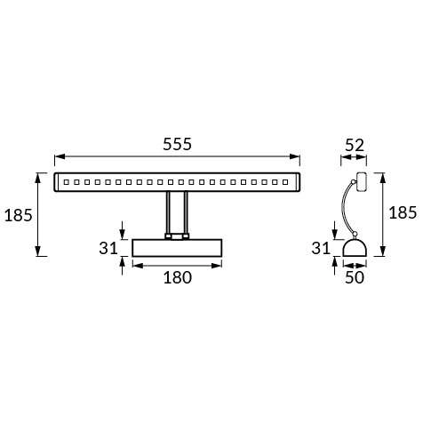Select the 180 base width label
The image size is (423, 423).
[178, 277]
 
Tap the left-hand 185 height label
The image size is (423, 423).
[19, 214]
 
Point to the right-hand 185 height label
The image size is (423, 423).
[403, 213]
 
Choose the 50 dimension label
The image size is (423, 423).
[355, 277]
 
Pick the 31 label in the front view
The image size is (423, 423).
[108, 248]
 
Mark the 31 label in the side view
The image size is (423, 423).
[323, 248]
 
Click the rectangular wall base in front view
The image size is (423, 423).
[178, 248]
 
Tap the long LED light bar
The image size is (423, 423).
[178, 182]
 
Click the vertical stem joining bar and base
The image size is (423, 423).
[177, 214]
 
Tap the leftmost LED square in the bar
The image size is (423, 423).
[67, 182]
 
